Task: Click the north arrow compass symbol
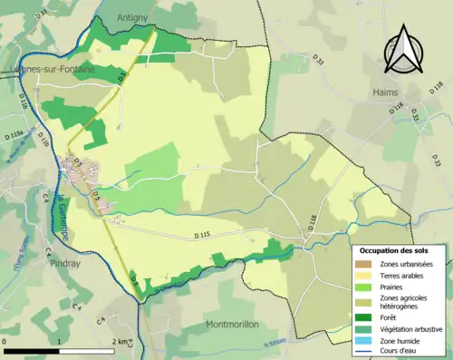click(403, 49)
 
